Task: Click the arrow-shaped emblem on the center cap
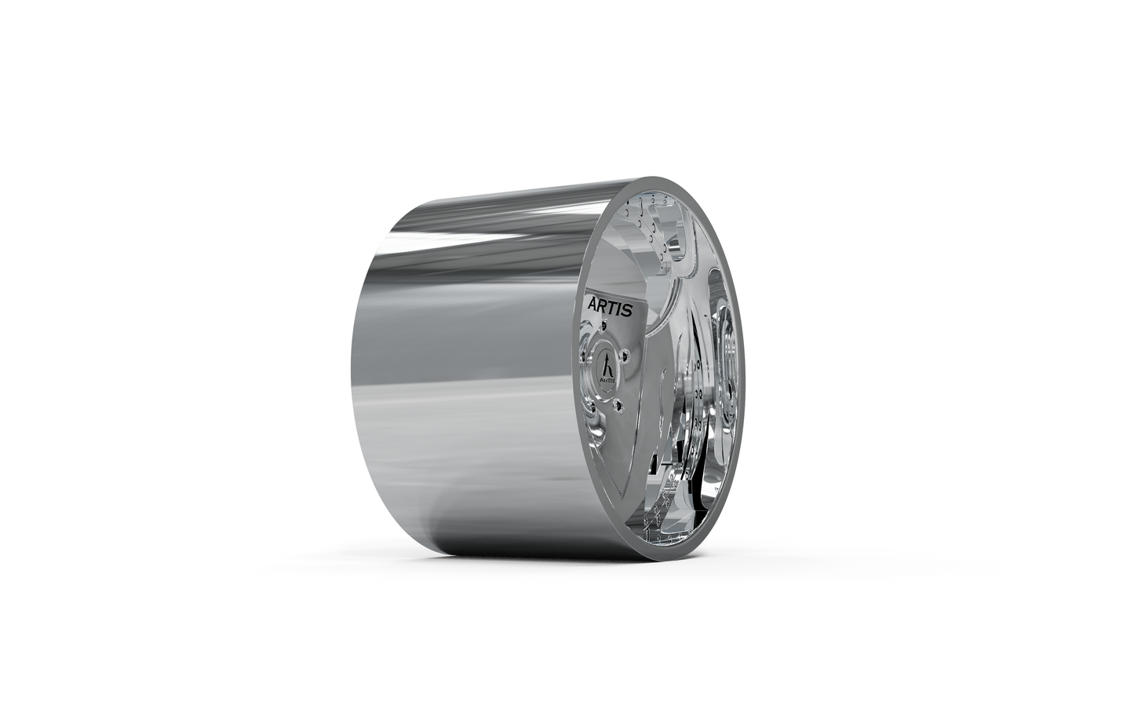pos(609,363)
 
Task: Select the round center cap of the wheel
pos(608,366)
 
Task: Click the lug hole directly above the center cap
pos(603,325)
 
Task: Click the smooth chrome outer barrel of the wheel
pos(471,369)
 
